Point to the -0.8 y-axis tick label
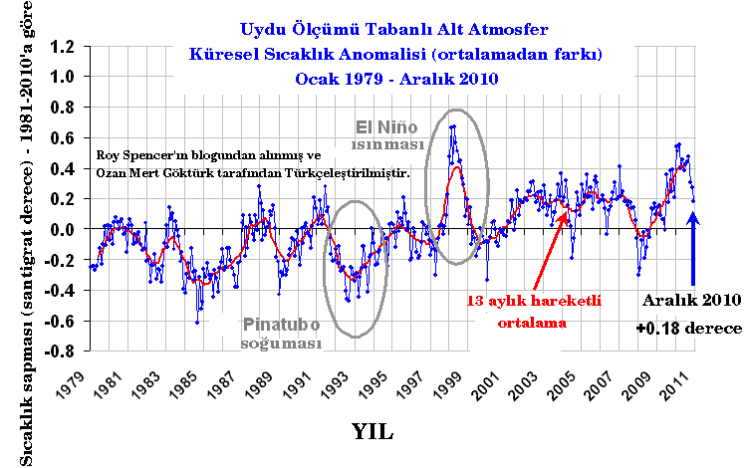point(62,351)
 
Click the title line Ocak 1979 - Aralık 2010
point(397,77)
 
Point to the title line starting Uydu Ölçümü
point(397,30)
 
